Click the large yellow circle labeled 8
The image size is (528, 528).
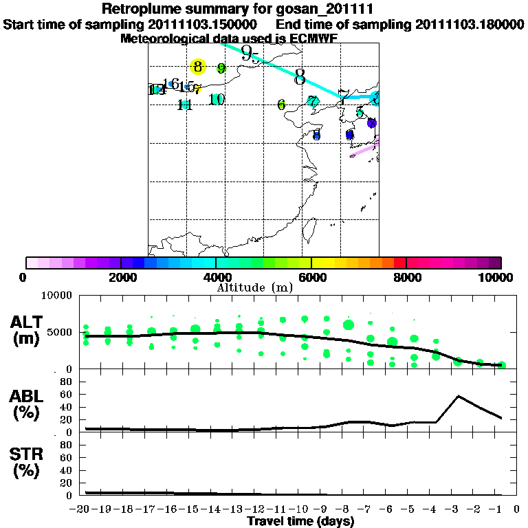coord(198,66)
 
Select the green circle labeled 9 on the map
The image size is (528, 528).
coord(221,68)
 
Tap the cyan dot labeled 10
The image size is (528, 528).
coord(217,100)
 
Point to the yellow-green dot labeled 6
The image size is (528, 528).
coord(281,104)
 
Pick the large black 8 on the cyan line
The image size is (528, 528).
coord(300,77)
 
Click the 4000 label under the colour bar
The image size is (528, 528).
coord(217,277)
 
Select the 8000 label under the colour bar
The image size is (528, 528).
coord(407,277)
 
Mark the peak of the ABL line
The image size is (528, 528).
coord(459,396)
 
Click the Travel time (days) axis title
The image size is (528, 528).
coord(300,521)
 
